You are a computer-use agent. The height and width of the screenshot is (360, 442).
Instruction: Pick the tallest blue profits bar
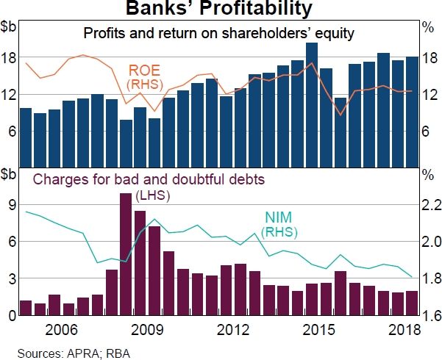312,104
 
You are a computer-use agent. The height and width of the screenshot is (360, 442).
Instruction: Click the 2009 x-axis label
149,329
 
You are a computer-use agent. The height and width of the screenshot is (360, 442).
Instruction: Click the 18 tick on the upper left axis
10,60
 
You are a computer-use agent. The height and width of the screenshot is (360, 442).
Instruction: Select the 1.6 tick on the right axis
430,316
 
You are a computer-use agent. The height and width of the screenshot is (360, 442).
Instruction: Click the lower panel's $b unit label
10,175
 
